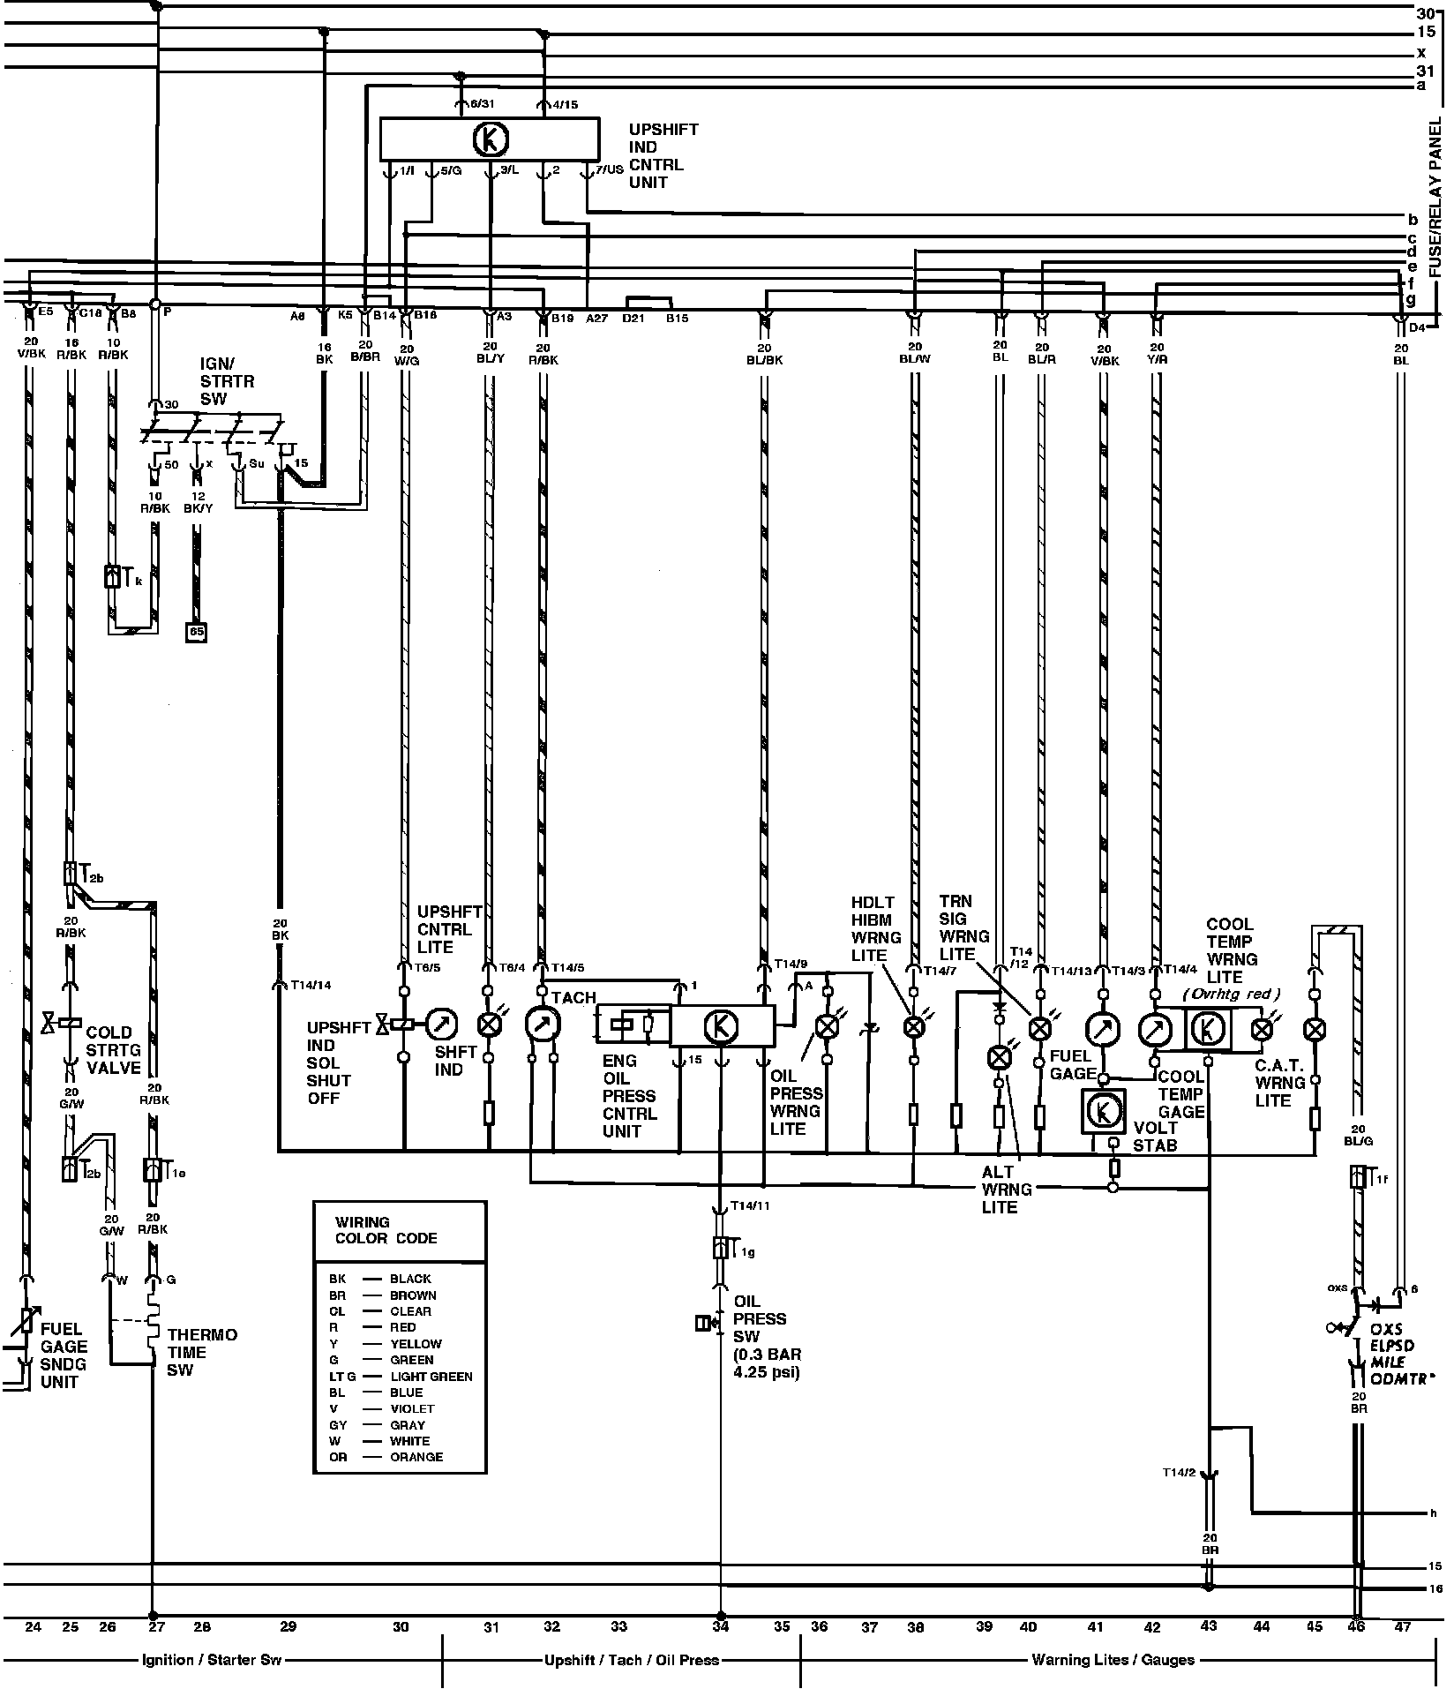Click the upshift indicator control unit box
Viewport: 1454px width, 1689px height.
click(x=489, y=139)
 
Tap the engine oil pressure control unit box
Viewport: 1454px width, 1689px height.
click(x=722, y=1025)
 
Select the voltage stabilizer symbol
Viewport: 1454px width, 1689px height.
click(x=1104, y=1110)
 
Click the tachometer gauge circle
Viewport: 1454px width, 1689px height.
click(x=538, y=1024)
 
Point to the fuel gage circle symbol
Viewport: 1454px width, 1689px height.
click(x=1102, y=1028)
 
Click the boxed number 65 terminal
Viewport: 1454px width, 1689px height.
click(x=196, y=632)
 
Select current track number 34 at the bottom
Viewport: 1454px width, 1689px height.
click(x=721, y=1626)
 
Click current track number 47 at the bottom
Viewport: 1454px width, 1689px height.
click(x=1403, y=1626)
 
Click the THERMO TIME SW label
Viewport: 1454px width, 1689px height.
click(x=202, y=1352)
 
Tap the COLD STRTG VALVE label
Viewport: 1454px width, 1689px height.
click(x=113, y=1049)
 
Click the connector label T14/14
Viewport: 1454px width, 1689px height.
click(x=311, y=985)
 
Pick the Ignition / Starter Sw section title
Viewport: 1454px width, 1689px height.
click(x=212, y=1660)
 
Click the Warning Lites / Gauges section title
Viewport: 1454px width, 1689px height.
click(x=1113, y=1660)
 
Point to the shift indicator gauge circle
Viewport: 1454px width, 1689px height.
click(x=442, y=1024)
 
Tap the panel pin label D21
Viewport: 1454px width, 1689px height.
click(x=632, y=318)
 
